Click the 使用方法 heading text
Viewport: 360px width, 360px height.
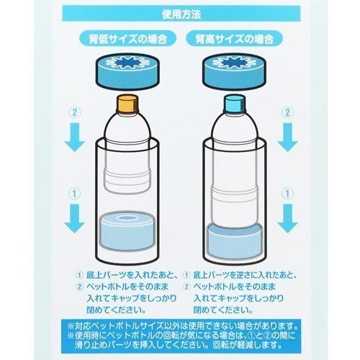pos(181,14)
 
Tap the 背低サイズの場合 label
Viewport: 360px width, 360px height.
pos(128,38)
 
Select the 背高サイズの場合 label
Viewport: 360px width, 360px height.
pos(235,38)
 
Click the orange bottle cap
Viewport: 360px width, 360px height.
pos(127,104)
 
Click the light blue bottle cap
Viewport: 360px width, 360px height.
pos(235,104)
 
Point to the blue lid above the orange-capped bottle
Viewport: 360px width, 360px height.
pos(127,71)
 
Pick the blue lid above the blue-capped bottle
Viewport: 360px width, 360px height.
pos(235,71)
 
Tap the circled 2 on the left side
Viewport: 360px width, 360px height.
pos(75,112)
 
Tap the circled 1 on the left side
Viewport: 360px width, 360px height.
pos(75,194)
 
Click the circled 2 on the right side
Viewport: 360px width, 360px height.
pos(287,112)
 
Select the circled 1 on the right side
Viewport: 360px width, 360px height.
pos(287,194)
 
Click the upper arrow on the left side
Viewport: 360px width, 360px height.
pos(75,137)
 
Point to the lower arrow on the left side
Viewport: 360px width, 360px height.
pos(75,218)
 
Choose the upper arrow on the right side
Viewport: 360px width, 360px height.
pos(287,137)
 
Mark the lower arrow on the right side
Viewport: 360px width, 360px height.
pos(287,218)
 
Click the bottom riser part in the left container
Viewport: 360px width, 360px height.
pos(127,231)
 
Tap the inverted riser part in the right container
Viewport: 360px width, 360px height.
pos(234,241)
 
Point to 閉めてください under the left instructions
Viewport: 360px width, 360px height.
pos(117,310)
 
